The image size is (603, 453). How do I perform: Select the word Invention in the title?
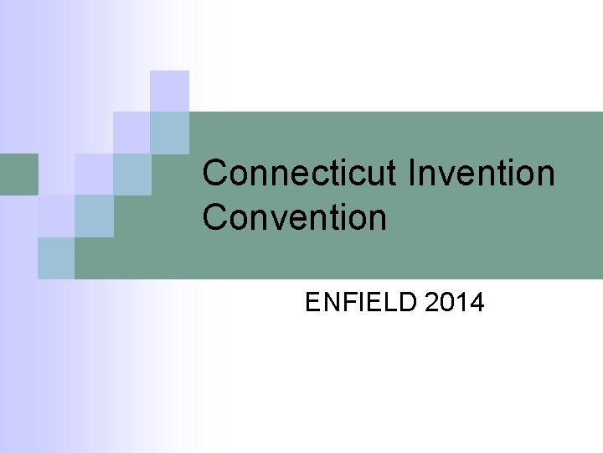(x=482, y=174)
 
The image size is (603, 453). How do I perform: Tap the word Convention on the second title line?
(x=294, y=217)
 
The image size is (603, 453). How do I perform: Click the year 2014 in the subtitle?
(x=454, y=302)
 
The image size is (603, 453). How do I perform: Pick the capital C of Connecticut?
(x=216, y=174)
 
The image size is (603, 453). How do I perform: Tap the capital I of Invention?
(x=413, y=174)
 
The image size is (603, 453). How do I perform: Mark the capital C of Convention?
(x=216, y=217)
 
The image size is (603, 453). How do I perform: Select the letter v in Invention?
(x=451, y=175)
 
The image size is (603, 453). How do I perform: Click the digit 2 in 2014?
(x=432, y=302)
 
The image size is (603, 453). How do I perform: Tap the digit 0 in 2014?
(x=447, y=302)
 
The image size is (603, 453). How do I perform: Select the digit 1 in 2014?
(x=461, y=302)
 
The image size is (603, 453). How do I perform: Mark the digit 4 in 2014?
(x=477, y=302)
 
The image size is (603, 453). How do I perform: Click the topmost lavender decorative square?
(x=169, y=91)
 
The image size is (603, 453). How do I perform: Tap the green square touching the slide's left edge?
(x=18, y=174)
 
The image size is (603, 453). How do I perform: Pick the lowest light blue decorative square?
(x=56, y=258)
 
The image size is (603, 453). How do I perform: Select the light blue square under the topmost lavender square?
(x=169, y=133)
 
